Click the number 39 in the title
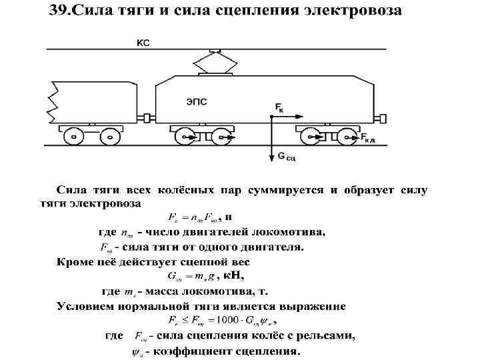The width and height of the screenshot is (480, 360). coord(56,12)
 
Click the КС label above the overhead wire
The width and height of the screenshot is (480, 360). coord(143,43)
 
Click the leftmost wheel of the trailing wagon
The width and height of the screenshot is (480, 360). coord(70,137)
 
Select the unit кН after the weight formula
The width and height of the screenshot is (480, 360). coord(234,275)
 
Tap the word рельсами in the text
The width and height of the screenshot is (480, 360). coord(325,335)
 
